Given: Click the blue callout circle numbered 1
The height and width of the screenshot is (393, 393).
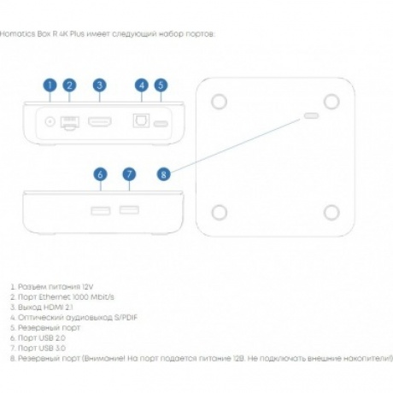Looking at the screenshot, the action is (x=50, y=85).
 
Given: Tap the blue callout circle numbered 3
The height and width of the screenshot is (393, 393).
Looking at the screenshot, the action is (x=99, y=85).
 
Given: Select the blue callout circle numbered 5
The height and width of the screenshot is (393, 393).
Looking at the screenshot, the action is (x=161, y=85).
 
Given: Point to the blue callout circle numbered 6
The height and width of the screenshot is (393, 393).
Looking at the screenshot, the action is (x=100, y=174).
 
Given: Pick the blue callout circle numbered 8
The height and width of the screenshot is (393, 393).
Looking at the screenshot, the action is (x=163, y=174).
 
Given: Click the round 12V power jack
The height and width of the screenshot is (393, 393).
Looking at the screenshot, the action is (x=50, y=122).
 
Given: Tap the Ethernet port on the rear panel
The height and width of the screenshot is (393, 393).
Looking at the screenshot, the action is (x=70, y=123).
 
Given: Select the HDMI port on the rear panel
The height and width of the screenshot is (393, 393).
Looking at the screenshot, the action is (x=100, y=122).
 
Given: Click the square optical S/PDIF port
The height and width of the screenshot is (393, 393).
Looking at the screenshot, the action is (x=141, y=120).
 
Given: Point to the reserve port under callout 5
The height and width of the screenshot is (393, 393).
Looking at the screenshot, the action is (x=161, y=124).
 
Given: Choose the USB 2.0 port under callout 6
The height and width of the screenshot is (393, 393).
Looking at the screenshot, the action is (x=101, y=211).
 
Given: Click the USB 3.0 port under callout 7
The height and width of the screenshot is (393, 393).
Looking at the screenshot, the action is (x=129, y=210).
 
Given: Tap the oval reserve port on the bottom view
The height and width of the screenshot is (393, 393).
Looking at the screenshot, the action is (x=311, y=115).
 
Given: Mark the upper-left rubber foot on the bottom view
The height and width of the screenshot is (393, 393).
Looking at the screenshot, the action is (x=219, y=102).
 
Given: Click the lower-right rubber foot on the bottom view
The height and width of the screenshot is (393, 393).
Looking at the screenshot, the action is (x=331, y=213).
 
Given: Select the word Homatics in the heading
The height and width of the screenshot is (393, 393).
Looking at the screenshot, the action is (x=18, y=34).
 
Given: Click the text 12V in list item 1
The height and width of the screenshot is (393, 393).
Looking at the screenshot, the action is (x=88, y=287).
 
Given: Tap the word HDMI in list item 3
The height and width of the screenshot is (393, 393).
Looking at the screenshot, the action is (x=52, y=308).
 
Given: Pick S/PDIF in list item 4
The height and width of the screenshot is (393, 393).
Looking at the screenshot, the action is (x=126, y=318).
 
